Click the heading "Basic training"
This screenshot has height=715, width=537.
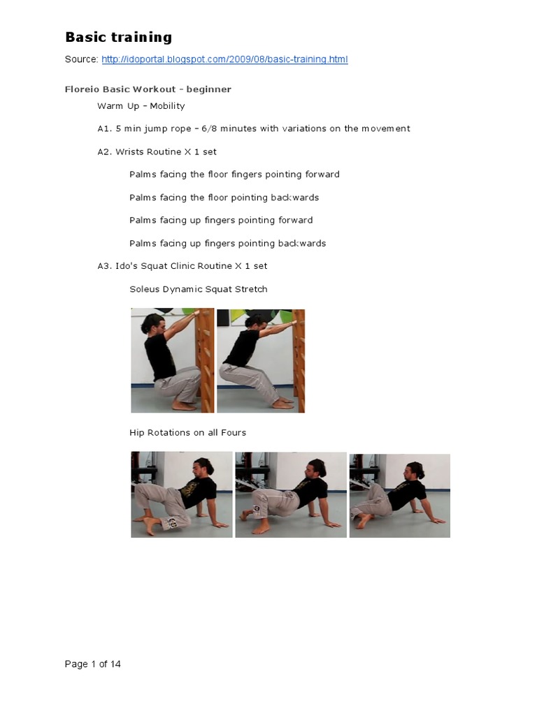pyautogui.click(x=118, y=37)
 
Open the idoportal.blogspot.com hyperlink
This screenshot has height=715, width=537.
pyautogui.click(x=224, y=59)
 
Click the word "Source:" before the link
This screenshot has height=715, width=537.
pyautogui.click(x=81, y=59)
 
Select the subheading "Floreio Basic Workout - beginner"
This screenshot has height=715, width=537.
pyautogui.click(x=148, y=89)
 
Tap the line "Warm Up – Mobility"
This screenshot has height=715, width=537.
pyautogui.click(x=141, y=106)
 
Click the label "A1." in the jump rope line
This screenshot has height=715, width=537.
pyautogui.click(x=104, y=128)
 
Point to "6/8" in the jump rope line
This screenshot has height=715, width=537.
pyautogui.click(x=212, y=128)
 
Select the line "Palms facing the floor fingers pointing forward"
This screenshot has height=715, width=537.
pyautogui.click(x=234, y=175)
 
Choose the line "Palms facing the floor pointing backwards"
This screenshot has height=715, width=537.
pyautogui.click(x=224, y=198)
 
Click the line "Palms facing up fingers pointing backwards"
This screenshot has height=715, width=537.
pyautogui.click(x=227, y=244)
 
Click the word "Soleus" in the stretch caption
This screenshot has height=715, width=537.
pyautogui.click(x=145, y=289)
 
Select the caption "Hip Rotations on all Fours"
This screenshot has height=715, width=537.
pyautogui.click(x=187, y=433)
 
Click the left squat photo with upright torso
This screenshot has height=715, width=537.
pyautogui.click(x=172, y=360)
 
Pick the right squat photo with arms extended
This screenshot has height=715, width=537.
pyautogui.click(x=261, y=360)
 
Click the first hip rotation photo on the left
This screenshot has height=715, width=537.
pyautogui.click(x=182, y=494)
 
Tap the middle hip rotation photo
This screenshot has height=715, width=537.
pyautogui.click(x=290, y=494)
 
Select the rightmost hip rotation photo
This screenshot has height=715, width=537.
pyautogui.click(x=399, y=495)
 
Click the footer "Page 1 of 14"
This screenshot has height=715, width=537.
pyautogui.click(x=92, y=664)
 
